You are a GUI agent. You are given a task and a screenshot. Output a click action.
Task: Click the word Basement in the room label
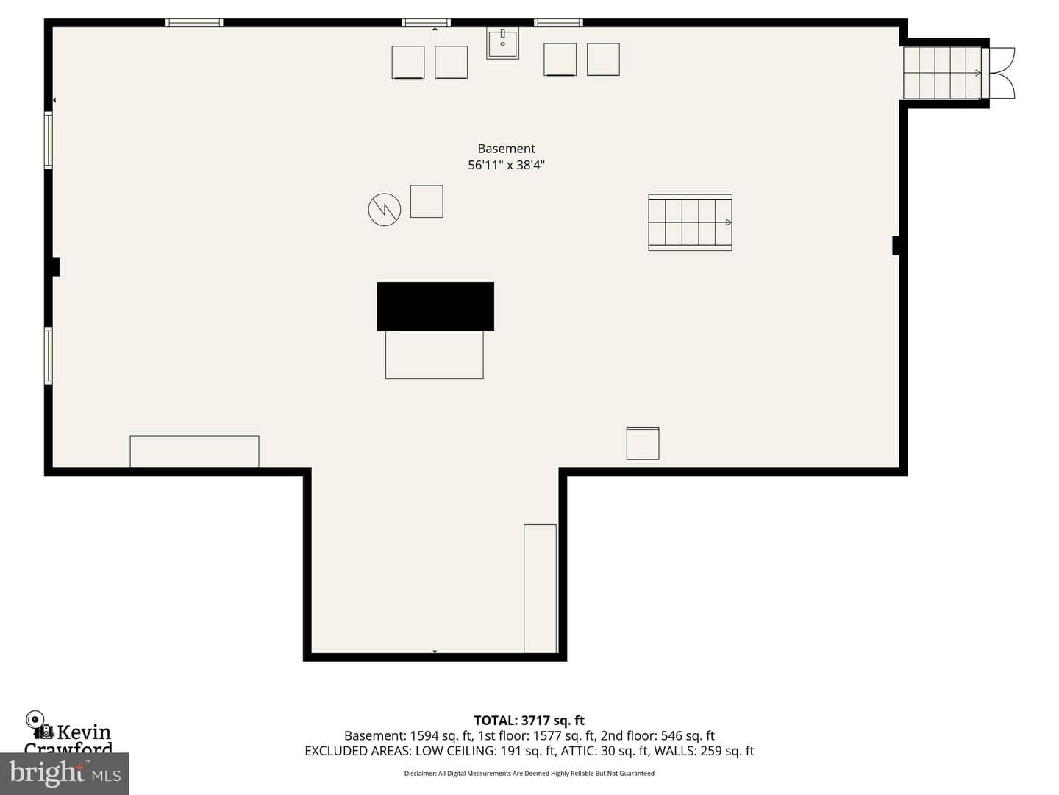pos(506,149)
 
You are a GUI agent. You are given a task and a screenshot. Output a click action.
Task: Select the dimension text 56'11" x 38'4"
pos(506,165)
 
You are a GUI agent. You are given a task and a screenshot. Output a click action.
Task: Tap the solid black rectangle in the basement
pos(435,306)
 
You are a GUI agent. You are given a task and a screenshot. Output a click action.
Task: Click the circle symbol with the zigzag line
pos(385,210)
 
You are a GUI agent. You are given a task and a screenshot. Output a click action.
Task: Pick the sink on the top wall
pos(503,44)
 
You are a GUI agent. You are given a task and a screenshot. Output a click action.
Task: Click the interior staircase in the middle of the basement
pos(690,222)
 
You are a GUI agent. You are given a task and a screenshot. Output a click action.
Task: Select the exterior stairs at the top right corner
pos(942,73)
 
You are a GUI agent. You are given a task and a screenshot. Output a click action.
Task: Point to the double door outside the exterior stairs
pos(999,73)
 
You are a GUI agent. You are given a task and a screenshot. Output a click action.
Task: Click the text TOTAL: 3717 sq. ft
pos(529,721)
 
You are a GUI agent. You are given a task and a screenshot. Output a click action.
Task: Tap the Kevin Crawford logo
pos(68,732)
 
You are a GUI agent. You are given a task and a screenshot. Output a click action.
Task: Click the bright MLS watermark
pos(65,773)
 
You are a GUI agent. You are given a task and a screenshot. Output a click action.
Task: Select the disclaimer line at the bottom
pos(529,773)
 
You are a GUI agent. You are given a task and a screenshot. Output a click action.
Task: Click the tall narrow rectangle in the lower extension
pos(540,588)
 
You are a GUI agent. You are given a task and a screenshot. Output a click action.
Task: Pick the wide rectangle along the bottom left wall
pos(194,451)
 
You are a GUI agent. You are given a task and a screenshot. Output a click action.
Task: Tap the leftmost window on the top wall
pos(194,23)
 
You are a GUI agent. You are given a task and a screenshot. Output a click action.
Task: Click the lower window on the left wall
pos(49,356)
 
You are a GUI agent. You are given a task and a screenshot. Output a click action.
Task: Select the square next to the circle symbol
pos(427,201)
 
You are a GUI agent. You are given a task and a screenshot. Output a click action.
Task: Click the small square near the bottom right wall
pos(643,443)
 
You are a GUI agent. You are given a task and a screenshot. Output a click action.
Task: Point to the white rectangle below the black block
pos(434,355)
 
